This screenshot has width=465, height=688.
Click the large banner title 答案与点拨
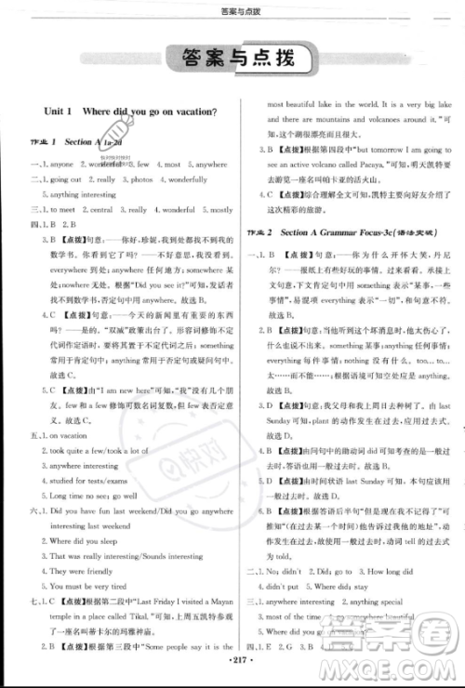[x=232, y=60]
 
